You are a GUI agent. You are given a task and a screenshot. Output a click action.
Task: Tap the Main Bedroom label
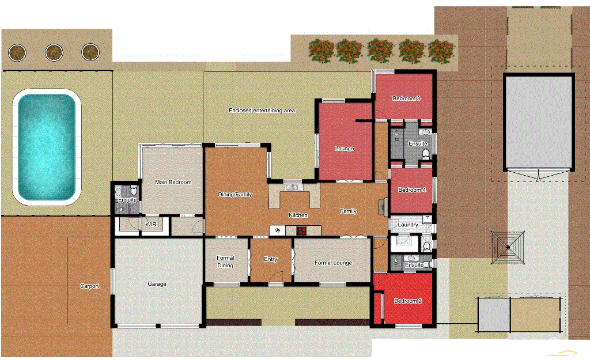pos(173,183)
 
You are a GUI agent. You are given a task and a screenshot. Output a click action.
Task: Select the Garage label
pos(157,284)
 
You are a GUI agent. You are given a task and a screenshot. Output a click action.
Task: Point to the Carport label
pos(89,286)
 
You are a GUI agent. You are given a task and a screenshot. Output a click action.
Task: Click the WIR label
pos(152,225)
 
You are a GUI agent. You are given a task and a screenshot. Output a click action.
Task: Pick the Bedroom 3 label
pos(406,98)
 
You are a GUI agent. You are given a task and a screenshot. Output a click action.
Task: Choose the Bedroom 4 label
pos(412,190)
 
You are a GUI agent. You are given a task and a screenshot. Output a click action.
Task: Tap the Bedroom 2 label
pos(408,301)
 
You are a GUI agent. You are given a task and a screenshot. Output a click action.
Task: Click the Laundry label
pos(408,225)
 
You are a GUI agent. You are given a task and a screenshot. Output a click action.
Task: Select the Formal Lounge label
pos(333,263)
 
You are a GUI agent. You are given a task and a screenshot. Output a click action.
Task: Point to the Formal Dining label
pos(225,262)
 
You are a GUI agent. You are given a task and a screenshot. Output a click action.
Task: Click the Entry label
pos(271,259)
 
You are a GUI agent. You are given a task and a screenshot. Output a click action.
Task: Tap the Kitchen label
pos(298,215)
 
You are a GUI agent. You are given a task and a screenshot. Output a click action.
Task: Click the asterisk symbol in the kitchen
pos(278,230)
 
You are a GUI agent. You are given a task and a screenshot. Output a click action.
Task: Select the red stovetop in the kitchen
pos(301,231)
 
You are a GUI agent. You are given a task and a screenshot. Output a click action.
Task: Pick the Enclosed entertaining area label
pos(262,110)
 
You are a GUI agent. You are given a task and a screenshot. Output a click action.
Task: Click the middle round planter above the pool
pos(54,52)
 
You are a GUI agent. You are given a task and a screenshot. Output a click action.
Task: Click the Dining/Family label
pos(235,195)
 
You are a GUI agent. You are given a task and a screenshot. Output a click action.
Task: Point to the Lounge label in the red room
pos(345,149)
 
